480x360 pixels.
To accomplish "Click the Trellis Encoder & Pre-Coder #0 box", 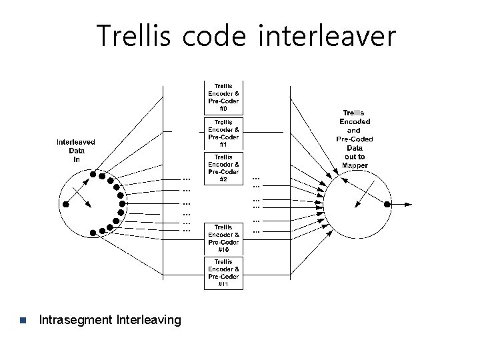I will tap(224, 97).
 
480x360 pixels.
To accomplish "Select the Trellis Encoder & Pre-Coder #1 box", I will tap(224, 133).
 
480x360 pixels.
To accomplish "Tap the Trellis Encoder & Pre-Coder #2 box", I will tap(224, 168).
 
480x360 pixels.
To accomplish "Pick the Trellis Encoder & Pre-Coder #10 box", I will tap(224, 238).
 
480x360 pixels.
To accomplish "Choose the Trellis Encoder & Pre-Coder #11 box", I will tap(224, 273).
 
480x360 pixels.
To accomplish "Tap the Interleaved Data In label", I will tap(75, 150).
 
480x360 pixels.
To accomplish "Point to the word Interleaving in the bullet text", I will tap(148, 321).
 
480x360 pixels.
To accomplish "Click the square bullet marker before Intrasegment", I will tap(22, 321).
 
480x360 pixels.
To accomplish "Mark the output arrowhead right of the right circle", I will tap(408, 203).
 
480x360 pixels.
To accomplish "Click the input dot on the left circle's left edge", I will tap(65, 204).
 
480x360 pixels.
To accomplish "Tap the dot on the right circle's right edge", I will tap(385, 203).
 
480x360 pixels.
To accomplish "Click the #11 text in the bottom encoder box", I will tap(224, 284).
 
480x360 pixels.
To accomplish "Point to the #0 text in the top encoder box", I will tap(224, 109).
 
